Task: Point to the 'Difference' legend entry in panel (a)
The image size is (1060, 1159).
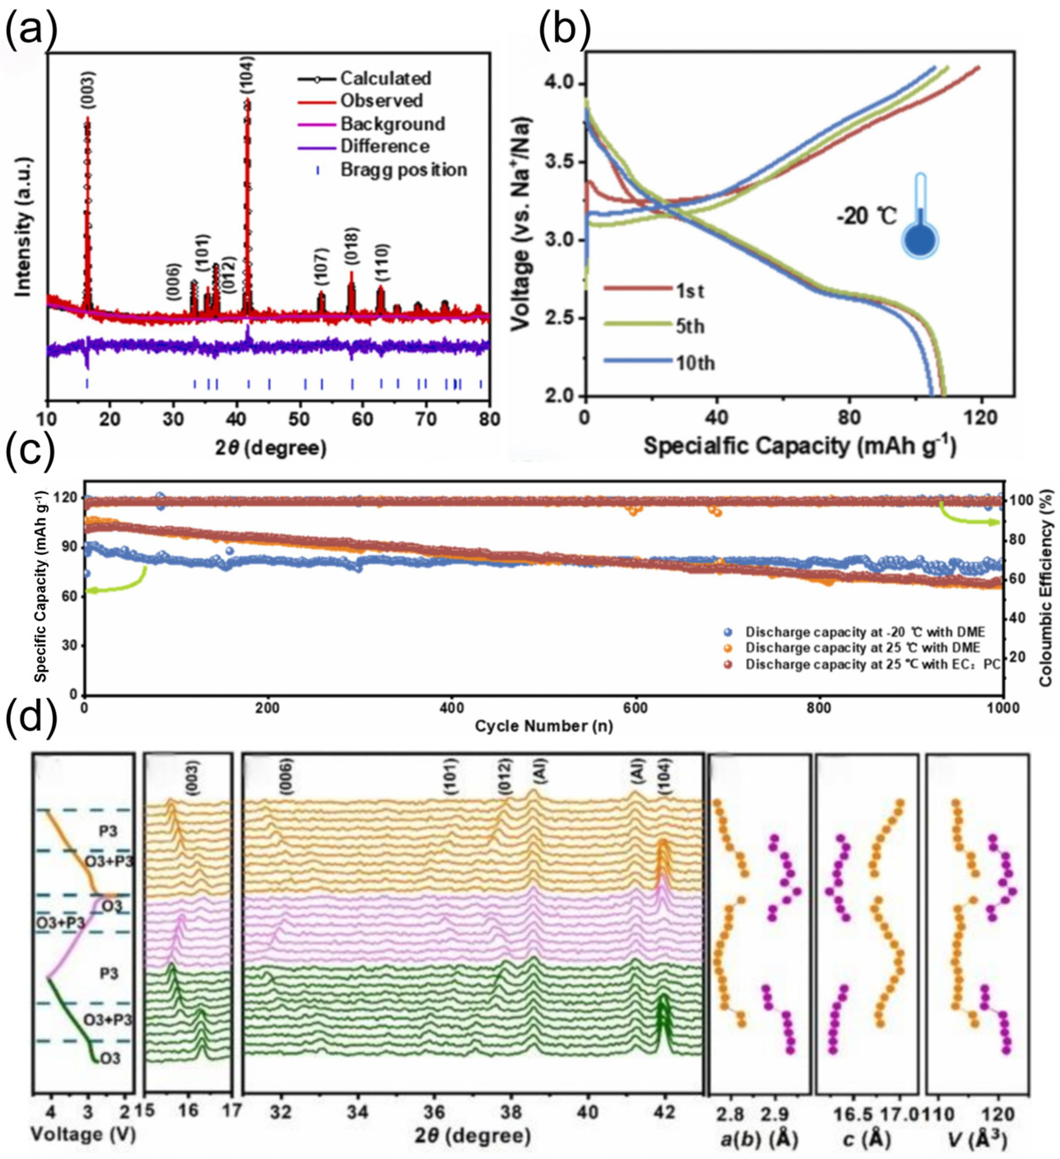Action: coord(384,146)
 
